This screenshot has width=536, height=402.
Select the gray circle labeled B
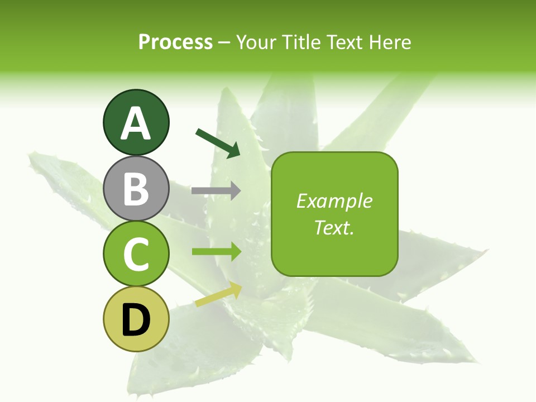tap(136, 188)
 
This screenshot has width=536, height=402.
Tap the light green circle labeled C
tap(136, 254)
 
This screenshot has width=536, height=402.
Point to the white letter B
tap(136, 189)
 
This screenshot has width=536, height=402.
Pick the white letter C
tap(136, 254)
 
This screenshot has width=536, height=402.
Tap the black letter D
tap(136, 320)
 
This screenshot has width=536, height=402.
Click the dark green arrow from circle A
tap(218, 143)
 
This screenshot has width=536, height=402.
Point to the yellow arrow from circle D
tap(218, 294)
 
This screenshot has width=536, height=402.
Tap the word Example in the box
tap(334, 201)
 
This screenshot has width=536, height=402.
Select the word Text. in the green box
tap(334, 227)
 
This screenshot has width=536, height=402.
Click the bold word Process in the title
tap(175, 42)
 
